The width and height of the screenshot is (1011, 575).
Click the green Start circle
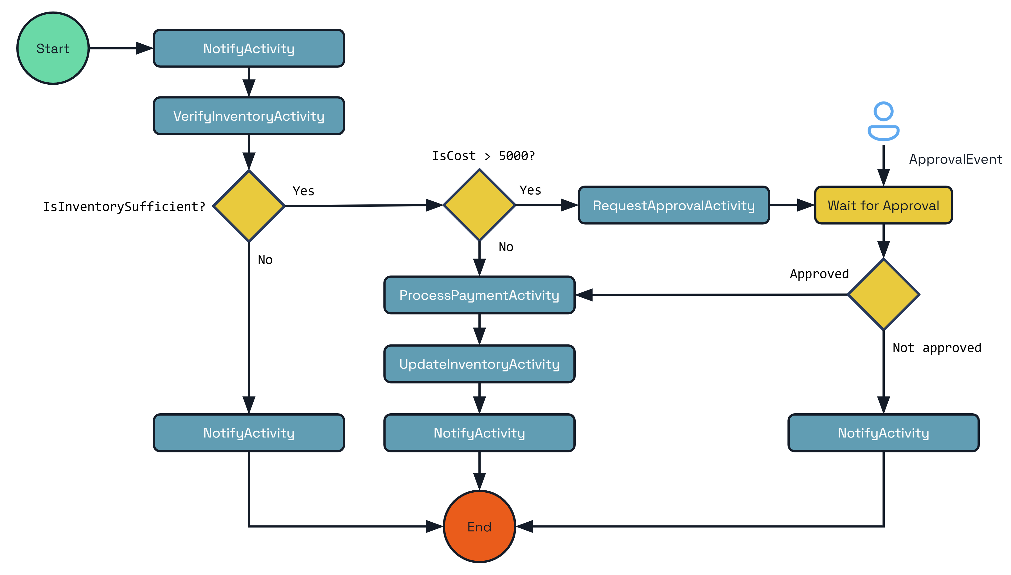53,48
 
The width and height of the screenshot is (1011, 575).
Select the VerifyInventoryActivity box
249,116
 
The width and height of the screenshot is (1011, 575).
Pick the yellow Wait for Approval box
883,205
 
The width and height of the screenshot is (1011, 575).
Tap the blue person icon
883,122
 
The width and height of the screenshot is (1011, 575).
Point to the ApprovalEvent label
955,159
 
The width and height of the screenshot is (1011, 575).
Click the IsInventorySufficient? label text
124,207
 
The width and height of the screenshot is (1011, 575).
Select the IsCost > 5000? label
483,156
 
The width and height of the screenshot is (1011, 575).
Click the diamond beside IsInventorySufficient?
249,206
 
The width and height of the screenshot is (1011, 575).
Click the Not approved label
936,348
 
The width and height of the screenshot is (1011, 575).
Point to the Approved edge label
819,274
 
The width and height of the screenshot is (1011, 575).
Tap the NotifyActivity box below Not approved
883,433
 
